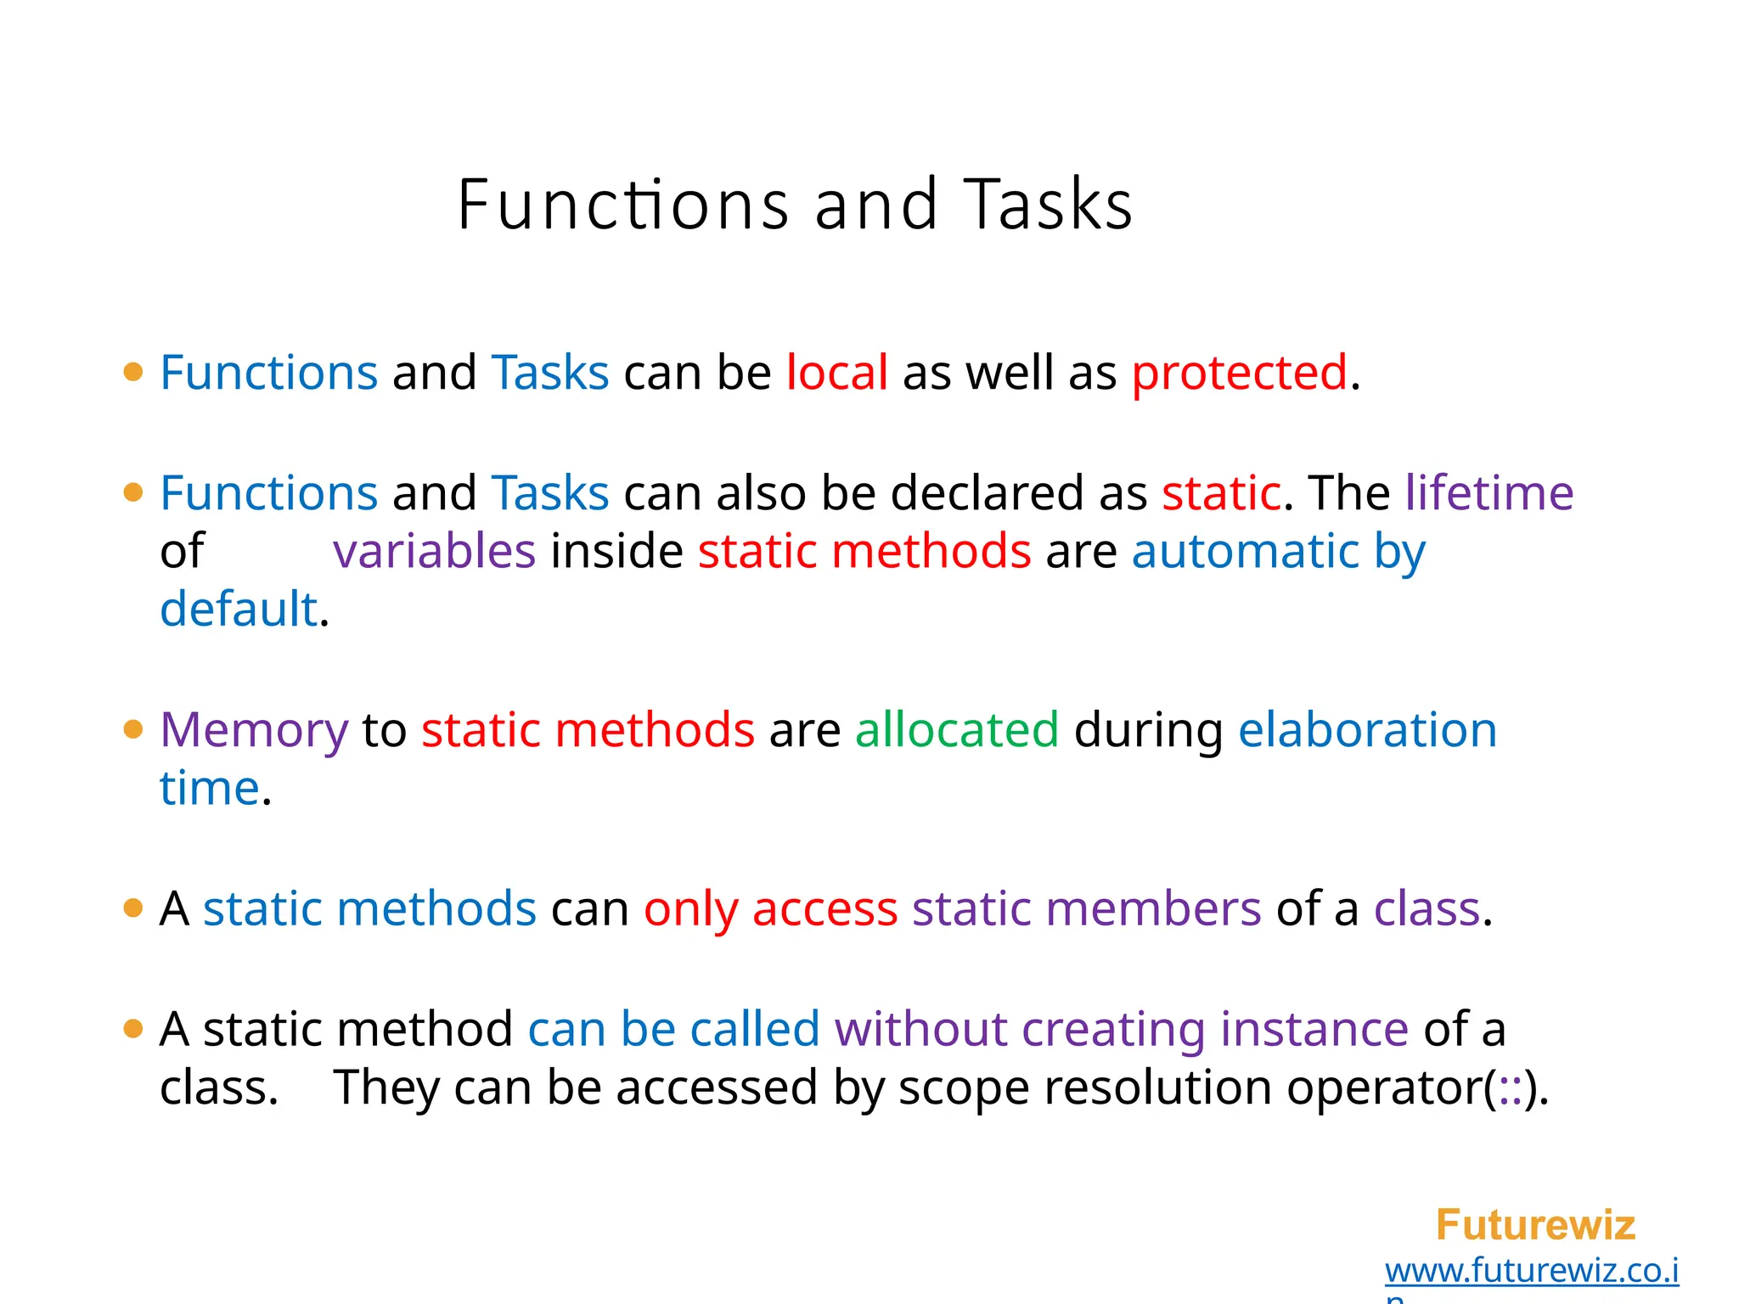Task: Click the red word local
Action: pos(836,373)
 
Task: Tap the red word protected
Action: pos(1239,373)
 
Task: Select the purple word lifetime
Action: pos(1489,492)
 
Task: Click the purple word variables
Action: pos(434,551)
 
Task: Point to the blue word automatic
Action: pos(1245,551)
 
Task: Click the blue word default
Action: pos(238,610)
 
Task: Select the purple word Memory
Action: pos(254,730)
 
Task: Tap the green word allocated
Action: pos(957,730)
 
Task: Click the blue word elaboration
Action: pos(1367,730)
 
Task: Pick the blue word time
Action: pos(209,789)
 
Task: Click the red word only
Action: pos(690,909)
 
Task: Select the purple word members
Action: pos(1153,909)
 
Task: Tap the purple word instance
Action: pos(1314,1030)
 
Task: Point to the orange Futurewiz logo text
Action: pos(1535,1225)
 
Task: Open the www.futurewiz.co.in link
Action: pos(1531,1271)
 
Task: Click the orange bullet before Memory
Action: pos(133,730)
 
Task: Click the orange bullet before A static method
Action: pos(133,1030)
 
